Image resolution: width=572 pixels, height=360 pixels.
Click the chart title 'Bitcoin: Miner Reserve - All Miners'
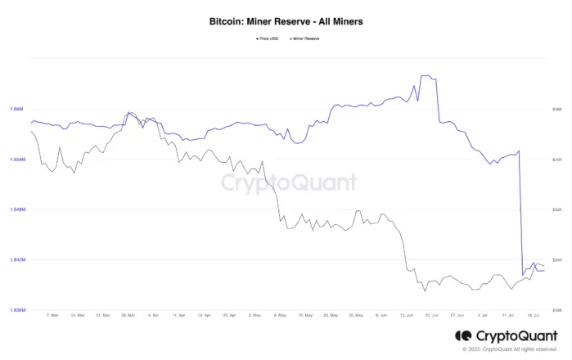[286, 21]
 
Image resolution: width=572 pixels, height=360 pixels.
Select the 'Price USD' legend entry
[268, 38]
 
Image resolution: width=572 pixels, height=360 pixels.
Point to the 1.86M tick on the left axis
[16, 109]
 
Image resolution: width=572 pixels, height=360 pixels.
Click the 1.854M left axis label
[17, 160]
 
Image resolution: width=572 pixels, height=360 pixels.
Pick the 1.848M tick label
[17, 210]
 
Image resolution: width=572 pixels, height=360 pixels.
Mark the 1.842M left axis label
[17, 260]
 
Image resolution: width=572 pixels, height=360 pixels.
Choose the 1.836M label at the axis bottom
[17, 311]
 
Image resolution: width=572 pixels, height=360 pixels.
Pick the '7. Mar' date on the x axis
[52, 314]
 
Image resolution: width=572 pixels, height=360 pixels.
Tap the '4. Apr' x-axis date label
[153, 314]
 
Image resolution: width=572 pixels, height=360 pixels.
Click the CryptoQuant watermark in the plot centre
[289, 182]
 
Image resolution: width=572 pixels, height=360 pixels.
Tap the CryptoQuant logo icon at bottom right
[463, 335]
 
